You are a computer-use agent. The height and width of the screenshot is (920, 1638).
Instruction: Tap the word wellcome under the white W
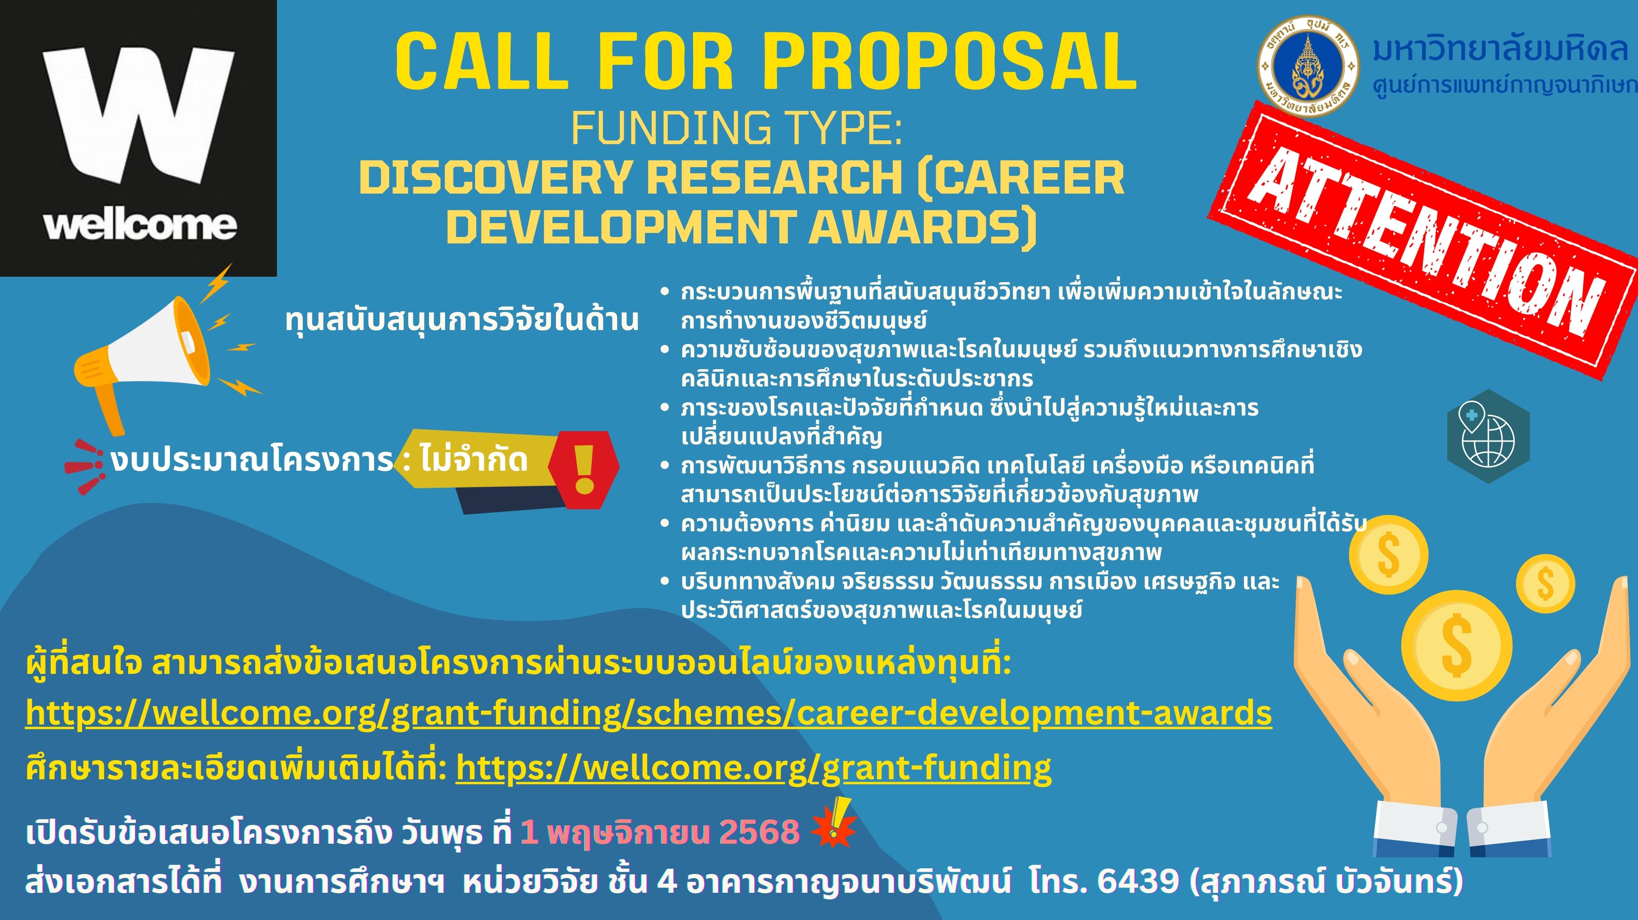(x=140, y=225)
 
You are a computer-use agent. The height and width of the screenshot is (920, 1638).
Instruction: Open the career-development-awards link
(x=648, y=713)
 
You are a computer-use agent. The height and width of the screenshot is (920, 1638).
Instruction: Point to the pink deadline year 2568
(x=759, y=832)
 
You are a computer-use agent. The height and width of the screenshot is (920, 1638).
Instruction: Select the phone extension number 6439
(x=1138, y=881)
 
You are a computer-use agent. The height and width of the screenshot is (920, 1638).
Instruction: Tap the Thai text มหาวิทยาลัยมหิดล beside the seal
(x=1499, y=49)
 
